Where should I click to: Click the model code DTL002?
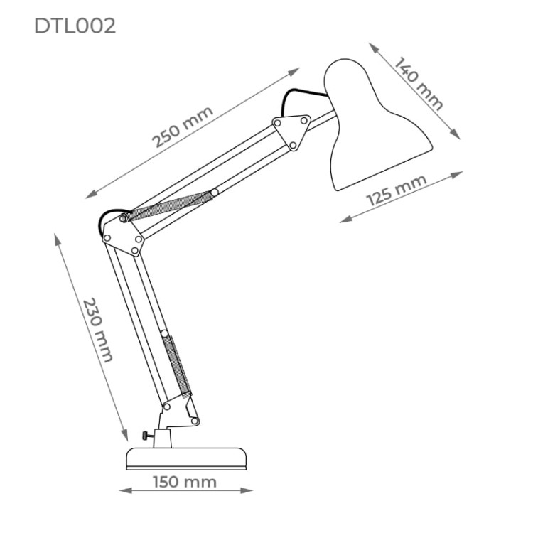pos(75,26)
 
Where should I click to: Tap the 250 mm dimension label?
pos(183,126)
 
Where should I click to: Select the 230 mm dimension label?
pos(97,330)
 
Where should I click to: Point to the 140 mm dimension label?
pos(419,83)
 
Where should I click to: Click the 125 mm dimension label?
pos(397,190)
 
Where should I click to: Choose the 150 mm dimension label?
pos(185,482)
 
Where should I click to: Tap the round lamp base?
pos(186,459)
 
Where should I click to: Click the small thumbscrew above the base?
pos(147,436)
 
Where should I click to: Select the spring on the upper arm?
pos(169,206)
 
